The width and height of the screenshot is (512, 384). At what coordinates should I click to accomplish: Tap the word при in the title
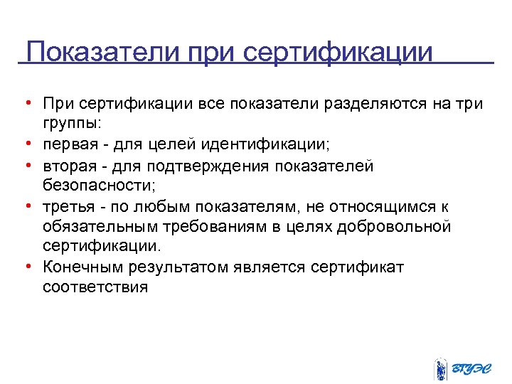click(210, 52)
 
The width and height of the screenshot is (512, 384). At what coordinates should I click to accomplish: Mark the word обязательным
click(97, 226)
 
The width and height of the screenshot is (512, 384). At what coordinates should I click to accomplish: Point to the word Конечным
click(77, 267)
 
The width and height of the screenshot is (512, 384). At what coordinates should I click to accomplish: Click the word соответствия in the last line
click(95, 287)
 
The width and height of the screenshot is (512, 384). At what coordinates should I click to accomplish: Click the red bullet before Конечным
click(26, 267)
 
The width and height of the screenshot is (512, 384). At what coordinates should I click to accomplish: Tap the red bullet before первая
click(26, 144)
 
